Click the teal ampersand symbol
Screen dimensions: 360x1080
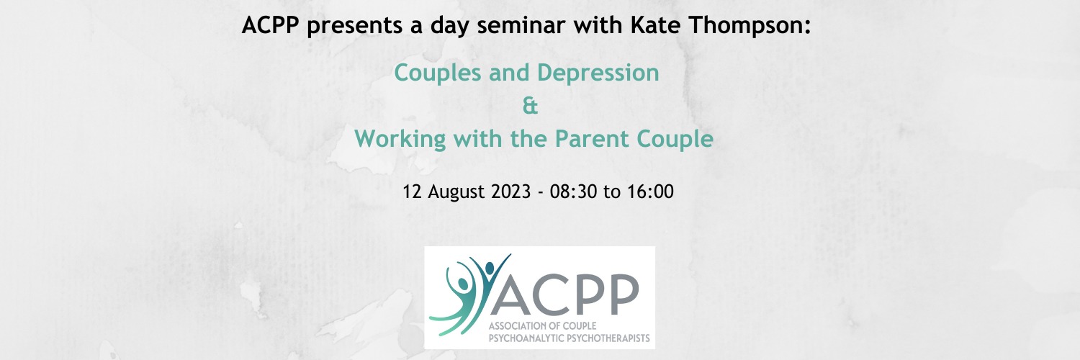click(x=529, y=107)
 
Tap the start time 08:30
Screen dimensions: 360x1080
click(x=573, y=193)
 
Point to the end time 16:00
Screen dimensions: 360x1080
click(x=650, y=193)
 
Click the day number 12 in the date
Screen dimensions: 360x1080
click(x=415, y=193)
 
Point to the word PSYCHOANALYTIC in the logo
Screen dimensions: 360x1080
click(x=514, y=337)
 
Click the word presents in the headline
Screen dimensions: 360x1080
click(x=345, y=27)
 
